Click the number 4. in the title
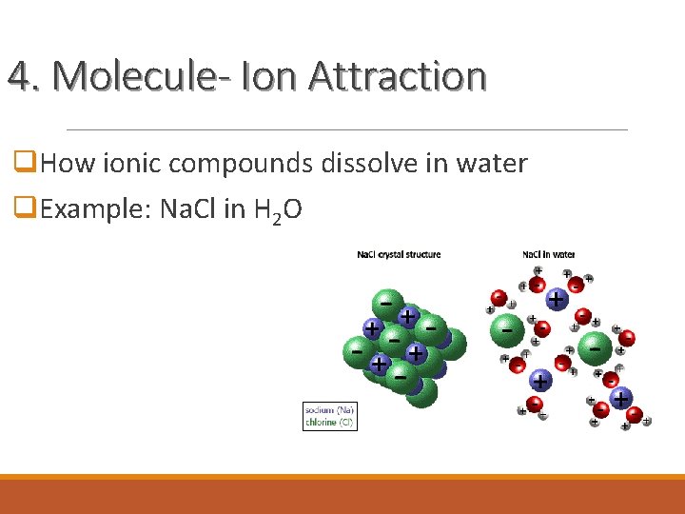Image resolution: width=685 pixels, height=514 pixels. [24, 75]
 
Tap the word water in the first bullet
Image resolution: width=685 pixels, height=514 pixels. [489, 164]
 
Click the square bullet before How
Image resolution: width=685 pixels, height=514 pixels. [26, 164]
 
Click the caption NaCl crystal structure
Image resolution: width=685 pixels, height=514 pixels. [399, 254]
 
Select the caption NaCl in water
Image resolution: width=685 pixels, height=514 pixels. [548, 254]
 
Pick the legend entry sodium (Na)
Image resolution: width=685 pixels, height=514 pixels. [329, 409]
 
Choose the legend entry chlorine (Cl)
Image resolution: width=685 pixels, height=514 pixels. [329, 421]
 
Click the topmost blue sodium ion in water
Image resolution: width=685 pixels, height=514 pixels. [556, 299]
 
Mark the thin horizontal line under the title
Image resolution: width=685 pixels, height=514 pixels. [347, 128]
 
